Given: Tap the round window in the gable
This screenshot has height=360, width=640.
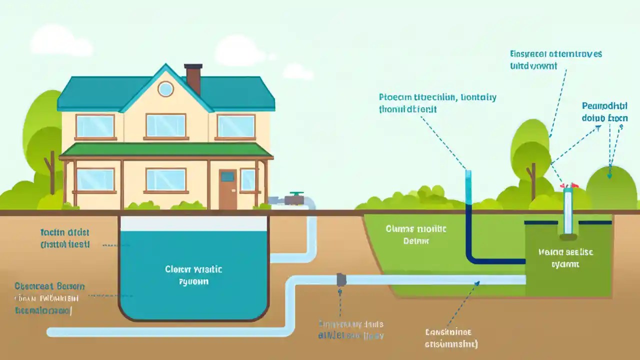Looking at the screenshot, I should [x=165, y=89].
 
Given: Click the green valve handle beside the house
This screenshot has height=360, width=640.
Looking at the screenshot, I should [x=296, y=193].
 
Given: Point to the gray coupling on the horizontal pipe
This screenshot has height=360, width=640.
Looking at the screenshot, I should [x=341, y=279].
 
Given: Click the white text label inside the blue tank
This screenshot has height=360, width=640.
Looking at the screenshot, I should [x=193, y=275].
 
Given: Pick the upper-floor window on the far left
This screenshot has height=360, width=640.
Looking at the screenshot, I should [x=95, y=126].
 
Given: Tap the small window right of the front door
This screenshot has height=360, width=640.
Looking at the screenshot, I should [x=247, y=179].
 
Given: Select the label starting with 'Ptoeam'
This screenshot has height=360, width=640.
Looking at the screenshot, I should [x=437, y=102].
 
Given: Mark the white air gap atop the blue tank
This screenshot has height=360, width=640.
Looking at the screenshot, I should [x=193, y=223].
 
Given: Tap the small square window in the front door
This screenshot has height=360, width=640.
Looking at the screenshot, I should [x=227, y=176].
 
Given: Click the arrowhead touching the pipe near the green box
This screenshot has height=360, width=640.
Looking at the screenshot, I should [x=477, y=283].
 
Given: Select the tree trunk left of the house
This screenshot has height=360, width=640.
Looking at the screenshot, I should [x=51, y=172].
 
